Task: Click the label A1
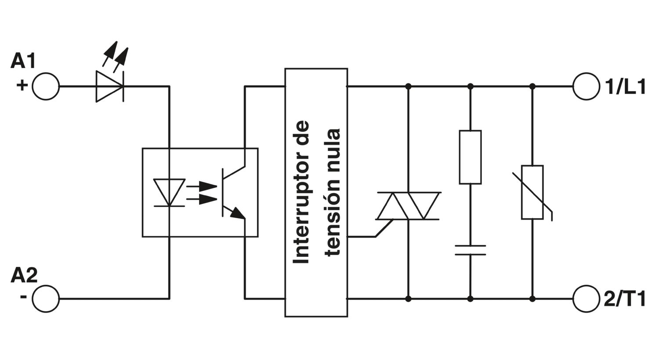point(23,61)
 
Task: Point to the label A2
point(24,275)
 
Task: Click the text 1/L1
point(625,87)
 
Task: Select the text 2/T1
point(625,299)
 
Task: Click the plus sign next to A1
point(22,86)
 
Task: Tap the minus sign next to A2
point(24,296)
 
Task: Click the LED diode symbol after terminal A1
point(110,86)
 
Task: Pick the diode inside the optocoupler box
point(170,192)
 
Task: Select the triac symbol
point(408,206)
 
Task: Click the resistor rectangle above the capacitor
point(470,157)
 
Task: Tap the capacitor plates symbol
point(470,250)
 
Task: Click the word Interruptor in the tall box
point(301,192)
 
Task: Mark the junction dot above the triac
point(408,86)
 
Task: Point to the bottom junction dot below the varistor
point(532,299)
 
